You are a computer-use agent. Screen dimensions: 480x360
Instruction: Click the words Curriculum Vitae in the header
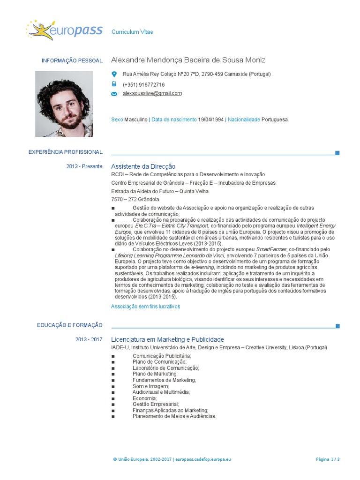[x=132, y=32]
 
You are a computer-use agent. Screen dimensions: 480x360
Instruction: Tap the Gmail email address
[x=152, y=93]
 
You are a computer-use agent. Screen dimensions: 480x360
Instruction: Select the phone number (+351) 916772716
[x=143, y=85]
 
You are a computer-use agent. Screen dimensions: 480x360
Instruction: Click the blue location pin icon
[x=114, y=74]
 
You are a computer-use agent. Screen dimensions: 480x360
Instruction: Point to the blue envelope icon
[x=114, y=94]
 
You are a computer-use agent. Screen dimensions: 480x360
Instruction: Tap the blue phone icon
[x=114, y=84]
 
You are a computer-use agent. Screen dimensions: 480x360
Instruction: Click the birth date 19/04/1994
[x=211, y=120]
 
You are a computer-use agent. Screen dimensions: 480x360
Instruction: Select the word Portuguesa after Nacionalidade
[x=275, y=120]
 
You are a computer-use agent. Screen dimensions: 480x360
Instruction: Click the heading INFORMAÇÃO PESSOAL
[x=72, y=61]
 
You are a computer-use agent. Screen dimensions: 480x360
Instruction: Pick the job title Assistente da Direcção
[x=143, y=166]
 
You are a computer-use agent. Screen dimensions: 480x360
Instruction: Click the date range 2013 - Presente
[x=84, y=166]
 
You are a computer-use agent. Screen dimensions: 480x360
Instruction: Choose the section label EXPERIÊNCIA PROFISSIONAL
[x=65, y=152]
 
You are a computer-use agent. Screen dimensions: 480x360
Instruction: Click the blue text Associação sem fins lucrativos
[x=145, y=307]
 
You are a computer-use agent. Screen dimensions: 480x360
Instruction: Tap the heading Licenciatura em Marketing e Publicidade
[x=167, y=339]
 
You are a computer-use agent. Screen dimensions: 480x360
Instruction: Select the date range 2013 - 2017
[x=89, y=339]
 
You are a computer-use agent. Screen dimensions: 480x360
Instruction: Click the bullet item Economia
[x=144, y=398]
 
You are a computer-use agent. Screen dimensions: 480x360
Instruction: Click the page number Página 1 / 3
[x=328, y=460]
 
